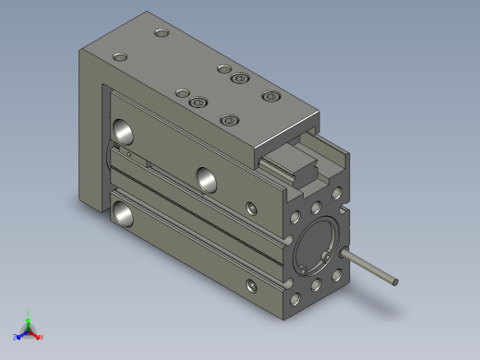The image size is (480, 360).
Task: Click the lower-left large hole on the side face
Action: [122, 215]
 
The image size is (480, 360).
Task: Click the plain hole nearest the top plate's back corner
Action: [162, 34]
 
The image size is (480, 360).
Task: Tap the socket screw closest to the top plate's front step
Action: [230, 120]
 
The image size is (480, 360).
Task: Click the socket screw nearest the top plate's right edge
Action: [270, 96]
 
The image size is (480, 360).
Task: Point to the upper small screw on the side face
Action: [251, 207]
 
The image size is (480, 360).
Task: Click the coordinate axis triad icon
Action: [28, 328]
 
